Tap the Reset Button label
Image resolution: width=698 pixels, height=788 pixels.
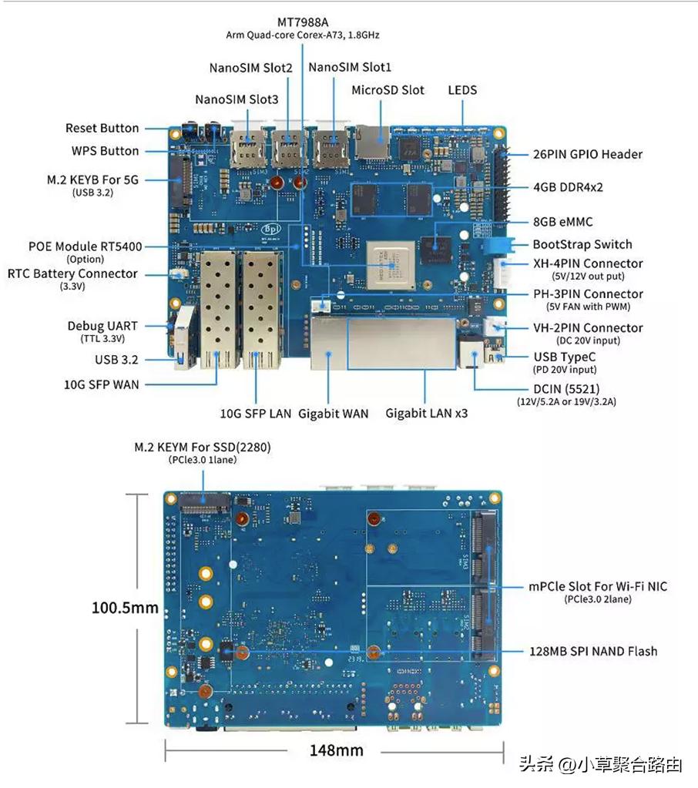pos(102,128)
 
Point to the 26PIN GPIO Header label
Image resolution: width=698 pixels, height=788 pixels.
pos(587,154)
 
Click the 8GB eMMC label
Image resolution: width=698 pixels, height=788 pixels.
pos(563,222)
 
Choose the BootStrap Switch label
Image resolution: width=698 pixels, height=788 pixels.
pos(582,244)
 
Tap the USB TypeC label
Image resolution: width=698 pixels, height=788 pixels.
pos(565,357)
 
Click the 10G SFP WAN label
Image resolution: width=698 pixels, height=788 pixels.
pos(101,384)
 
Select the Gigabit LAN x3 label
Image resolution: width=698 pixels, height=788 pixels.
pos(426,414)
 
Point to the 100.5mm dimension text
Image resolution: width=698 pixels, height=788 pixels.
pos(125,608)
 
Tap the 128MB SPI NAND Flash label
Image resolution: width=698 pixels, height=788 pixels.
pos(593,651)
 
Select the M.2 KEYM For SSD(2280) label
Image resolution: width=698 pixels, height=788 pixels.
pos(203,447)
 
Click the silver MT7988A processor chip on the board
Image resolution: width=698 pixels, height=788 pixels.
pos(389,265)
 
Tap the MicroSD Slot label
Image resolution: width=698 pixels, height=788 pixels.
pos(388,90)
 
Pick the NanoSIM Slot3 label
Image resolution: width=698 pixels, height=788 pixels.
pos(237,99)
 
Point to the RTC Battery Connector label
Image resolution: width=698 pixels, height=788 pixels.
pos(72,273)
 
